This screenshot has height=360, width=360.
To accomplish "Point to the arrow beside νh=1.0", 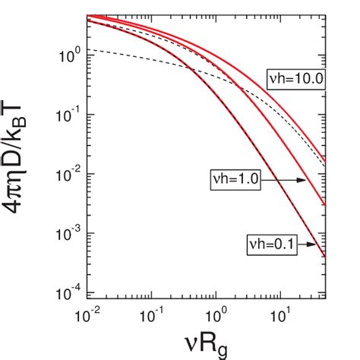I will (x=284, y=181).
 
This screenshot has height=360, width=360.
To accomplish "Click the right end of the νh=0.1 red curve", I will (x=326, y=257).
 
